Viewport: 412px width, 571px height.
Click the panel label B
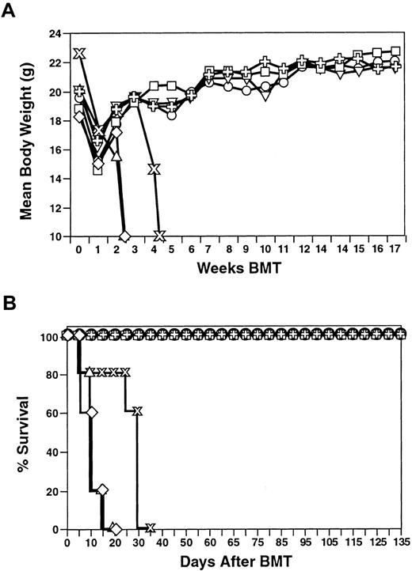tap(9, 301)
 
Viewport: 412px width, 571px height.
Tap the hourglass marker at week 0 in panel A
tap(78, 54)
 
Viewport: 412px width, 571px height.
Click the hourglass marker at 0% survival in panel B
tap(149, 528)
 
